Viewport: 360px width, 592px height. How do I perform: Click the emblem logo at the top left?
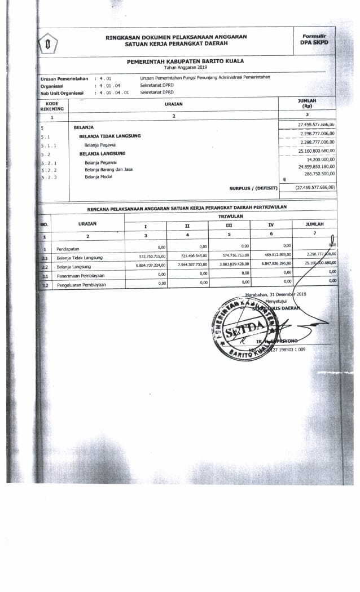(49, 43)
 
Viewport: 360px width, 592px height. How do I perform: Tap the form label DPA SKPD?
(314, 42)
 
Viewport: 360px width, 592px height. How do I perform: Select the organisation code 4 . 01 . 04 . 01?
(114, 92)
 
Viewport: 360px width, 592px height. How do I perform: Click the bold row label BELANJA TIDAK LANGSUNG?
(110, 136)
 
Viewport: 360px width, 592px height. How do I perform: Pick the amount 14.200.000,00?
(317, 160)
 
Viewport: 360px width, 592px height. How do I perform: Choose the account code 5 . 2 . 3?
(49, 178)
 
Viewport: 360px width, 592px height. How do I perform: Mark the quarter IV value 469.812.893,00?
(272, 255)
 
